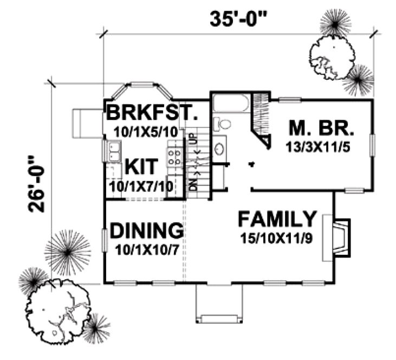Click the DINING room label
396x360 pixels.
(x=146, y=232)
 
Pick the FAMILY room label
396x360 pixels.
(x=277, y=220)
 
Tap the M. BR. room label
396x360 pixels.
(x=321, y=130)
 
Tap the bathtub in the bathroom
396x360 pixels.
(x=231, y=104)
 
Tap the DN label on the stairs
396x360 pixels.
(x=192, y=185)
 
